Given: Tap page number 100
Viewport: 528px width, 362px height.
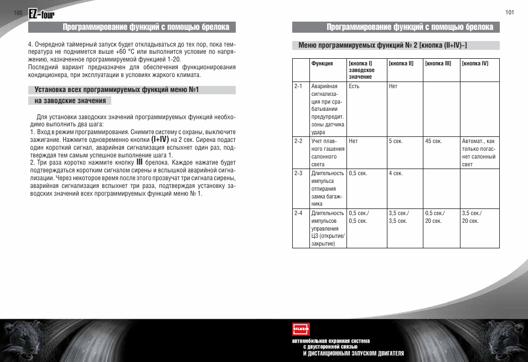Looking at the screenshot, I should [x=18, y=13].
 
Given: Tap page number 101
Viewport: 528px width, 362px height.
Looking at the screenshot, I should [x=510, y=13].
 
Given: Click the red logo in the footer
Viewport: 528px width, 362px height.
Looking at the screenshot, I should [x=301, y=329].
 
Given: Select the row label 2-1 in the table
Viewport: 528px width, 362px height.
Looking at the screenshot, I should [x=298, y=86].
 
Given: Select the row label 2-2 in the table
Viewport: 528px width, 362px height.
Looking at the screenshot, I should [x=298, y=141].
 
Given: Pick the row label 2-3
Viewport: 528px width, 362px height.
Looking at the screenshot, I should [x=298, y=174].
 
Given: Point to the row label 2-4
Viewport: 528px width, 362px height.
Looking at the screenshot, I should [x=298, y=213].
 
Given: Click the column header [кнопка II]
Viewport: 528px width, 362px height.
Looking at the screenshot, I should [x=401, y=64].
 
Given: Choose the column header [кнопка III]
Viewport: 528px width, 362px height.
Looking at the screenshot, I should [x=438, y=64].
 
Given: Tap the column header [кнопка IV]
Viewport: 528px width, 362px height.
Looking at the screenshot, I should [x=475, y=64].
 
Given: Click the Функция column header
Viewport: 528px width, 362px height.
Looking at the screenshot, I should [x=322, y=64].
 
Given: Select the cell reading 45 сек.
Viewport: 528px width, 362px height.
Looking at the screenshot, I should [x=433, y=141].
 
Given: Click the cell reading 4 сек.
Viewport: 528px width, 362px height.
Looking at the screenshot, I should [x=395, y=174].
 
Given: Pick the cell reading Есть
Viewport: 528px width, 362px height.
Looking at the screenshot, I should [x=354, y=86].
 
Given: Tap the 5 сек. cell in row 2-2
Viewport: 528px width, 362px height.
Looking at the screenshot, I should [x=395, y=141].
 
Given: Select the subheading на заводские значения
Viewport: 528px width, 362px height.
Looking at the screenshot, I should [x=70, y=101].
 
